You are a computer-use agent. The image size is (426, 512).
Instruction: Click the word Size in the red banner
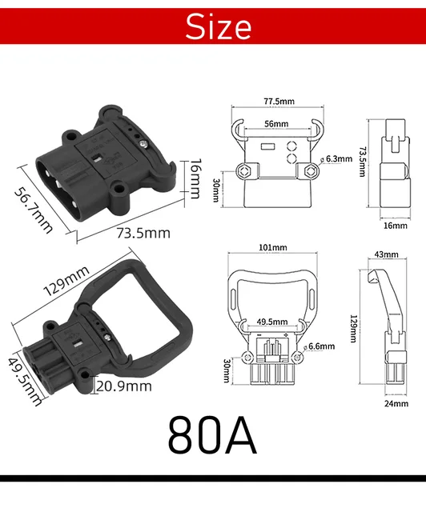click(218, 27)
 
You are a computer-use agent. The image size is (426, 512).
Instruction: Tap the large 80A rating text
click(212, 434)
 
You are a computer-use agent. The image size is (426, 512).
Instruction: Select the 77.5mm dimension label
click(278, 102)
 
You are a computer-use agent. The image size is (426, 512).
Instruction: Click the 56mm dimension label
click(275, 125)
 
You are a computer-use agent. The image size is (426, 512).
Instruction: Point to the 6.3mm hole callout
click(339, 159)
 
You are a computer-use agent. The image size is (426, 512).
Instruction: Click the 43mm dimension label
click(385, 254)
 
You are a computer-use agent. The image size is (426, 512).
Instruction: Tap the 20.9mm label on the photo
click(123, 386)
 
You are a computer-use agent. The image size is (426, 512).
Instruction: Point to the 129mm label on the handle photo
click(66, 282)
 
